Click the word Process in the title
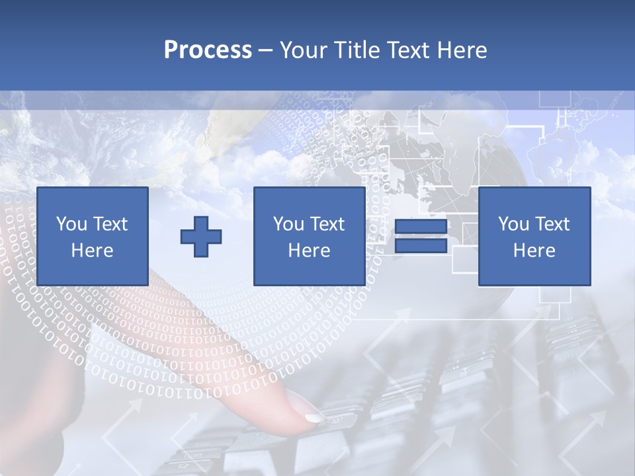click(208, 50)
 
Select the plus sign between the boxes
click(201, 236)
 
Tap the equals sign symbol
click(421, 236)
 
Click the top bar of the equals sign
click(421, 227)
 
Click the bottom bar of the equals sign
click(421, 245)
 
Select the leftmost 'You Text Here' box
click(93, 236)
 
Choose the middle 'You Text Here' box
click(309, 236)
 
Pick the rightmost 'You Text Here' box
click(534, 236)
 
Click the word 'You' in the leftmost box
click(71, 224)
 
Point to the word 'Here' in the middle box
click(309, 251)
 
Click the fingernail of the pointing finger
click(314, 417)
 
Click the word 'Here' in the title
click(460, 50)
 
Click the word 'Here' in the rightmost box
click(534, 251)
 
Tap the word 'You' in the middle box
click(288, 224)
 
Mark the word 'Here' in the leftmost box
click(92, 251)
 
